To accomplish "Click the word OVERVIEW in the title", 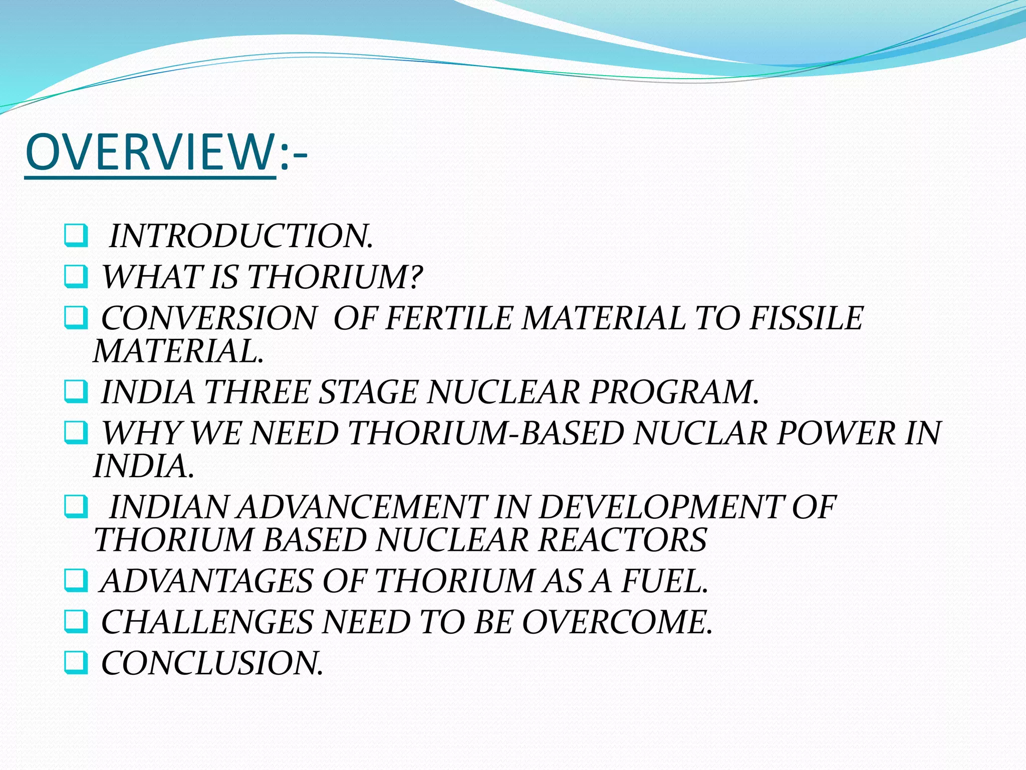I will click(x=149, y=152).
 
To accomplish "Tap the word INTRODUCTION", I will click(x=241, y=236).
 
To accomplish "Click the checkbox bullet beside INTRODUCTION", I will click(x=76, y=236).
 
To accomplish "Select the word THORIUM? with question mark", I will click(x=335, y=277).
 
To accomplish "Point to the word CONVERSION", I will click(x=208, y=318).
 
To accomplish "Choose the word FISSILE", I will click(x=806, y=318).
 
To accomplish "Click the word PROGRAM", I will click(x=674, y=392).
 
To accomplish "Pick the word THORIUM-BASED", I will click(x=485, y=433).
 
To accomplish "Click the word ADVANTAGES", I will click(x=207, y=581).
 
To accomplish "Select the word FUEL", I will click(x=665, y=581).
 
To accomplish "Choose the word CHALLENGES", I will click(x=207, y=622).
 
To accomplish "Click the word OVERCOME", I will click(x=617, y=622).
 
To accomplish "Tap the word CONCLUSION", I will click(x=212, y=663).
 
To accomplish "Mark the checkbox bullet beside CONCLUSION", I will click(x=76, y=663).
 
